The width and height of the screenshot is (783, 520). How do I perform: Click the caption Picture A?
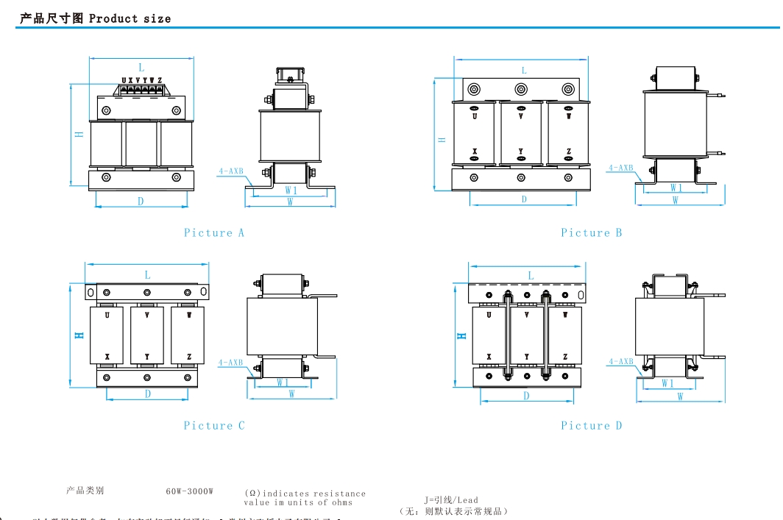click(213, 233)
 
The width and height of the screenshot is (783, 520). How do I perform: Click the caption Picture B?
click(591, 233)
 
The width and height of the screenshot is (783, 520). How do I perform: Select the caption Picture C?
click(213, 426)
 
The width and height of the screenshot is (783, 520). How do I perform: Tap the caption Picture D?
click(591, 426)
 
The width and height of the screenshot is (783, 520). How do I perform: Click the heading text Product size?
click(130, 18)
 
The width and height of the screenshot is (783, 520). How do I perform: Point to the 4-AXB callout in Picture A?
click(230, 171)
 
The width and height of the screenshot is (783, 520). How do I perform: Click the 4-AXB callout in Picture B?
click(620, 168)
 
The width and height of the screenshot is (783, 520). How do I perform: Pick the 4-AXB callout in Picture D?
click(620, 362)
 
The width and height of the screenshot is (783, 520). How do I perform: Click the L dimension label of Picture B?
click(524, 71)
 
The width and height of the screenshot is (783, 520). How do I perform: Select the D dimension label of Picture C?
click(148, 394)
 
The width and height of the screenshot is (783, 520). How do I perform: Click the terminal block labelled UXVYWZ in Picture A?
click(141, 89)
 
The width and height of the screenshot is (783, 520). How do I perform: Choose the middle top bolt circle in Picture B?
click(521, 90)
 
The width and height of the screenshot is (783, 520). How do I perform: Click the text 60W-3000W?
click(189, 491)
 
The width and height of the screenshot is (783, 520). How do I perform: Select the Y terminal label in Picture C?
click(147, 357)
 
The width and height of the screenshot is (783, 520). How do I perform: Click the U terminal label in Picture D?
click(489, 315)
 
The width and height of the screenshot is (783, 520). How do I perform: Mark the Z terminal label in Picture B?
click(568, 152)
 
